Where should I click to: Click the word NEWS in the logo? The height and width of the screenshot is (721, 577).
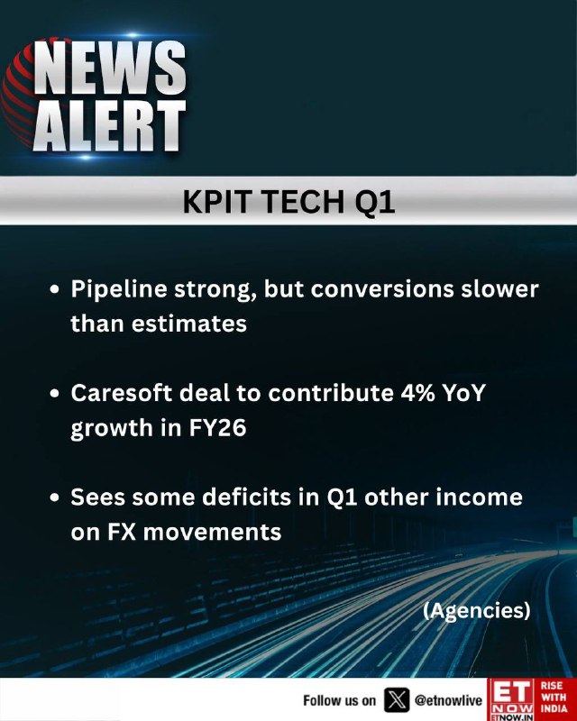click(110, 68)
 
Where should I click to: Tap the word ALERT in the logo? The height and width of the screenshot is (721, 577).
click(109, 126)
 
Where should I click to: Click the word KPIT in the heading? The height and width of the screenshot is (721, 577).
click(216, 201)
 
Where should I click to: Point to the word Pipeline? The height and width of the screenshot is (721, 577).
click(119, 290)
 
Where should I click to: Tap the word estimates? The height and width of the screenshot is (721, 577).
click(189, 324)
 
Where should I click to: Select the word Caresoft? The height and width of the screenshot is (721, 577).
click(121, 393)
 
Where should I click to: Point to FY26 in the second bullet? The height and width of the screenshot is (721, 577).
click(217, 427)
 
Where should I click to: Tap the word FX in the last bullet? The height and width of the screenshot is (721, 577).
click(122, 532)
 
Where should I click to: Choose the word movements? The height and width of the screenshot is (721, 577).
click(212, 533)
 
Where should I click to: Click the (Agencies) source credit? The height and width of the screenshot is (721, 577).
click(477, 611)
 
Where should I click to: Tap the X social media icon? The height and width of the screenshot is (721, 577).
click(396, 700)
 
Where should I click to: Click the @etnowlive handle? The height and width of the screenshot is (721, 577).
click(448, 700)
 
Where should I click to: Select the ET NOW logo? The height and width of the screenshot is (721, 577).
click(512, 699)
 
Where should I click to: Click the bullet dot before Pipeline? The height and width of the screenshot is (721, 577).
click(55, 290)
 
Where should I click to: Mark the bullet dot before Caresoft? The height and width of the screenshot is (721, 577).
click(55, 394)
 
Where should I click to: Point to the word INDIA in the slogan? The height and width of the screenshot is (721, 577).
click(554, 709)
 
